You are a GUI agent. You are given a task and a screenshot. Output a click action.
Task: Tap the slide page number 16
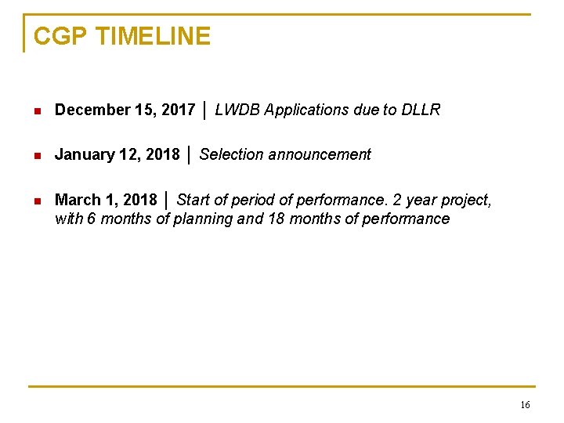[x=524, y=405]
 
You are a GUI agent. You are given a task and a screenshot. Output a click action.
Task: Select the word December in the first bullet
[x=84, y=110]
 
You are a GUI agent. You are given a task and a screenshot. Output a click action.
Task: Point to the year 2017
[x=179, y=110]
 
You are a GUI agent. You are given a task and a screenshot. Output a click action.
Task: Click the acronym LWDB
[x=237, y=110]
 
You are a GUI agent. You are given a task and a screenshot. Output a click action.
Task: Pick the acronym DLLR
[x=422, y=110]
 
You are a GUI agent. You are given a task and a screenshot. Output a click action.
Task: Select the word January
[x=79, y=155]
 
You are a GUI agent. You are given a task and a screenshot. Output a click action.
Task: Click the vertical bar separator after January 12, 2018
[x=190, y=154]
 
